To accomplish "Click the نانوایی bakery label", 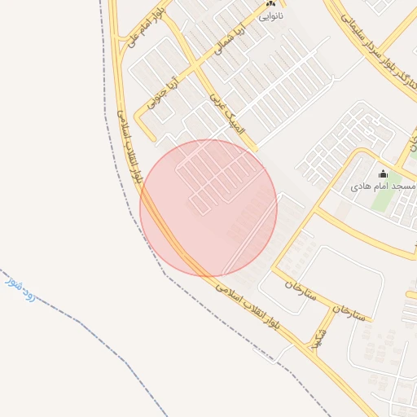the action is [271, 15].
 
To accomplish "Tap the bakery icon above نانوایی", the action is [271, 4].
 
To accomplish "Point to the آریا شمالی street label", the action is [229, 39].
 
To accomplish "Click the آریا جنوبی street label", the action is [161, 93].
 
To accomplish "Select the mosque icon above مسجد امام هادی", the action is [383, 173].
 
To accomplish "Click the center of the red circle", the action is [208, 208].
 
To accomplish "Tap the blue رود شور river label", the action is [21, 289].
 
